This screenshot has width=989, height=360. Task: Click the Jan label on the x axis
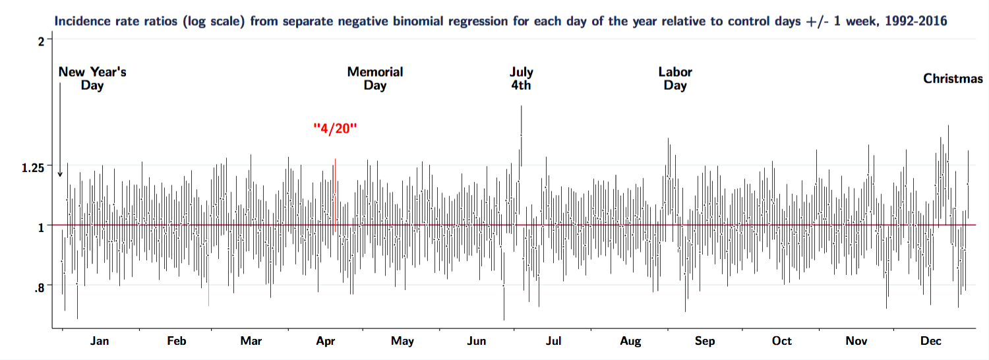[100, 341]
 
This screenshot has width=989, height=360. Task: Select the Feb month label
[177, 341]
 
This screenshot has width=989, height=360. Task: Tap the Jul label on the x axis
[554, 341]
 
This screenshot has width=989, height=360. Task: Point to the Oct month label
[782, 341]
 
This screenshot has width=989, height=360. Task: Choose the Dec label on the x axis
[931, 341]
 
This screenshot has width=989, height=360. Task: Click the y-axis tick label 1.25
[33, 167]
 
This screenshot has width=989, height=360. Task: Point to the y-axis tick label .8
[40, 287]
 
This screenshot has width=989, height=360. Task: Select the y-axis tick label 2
[42, 40]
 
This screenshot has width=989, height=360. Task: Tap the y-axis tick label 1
[42, 226]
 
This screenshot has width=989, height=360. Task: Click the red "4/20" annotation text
[335, 128]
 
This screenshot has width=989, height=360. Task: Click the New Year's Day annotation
[92, 78]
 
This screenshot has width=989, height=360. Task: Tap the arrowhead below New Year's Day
[60, 174]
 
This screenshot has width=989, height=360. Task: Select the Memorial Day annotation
[375, 78]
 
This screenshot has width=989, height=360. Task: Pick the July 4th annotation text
[521, 78]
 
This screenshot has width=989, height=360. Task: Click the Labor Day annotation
[675, 78]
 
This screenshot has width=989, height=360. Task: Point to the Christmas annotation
[953, 79]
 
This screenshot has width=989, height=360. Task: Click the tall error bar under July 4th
[521, 135]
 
